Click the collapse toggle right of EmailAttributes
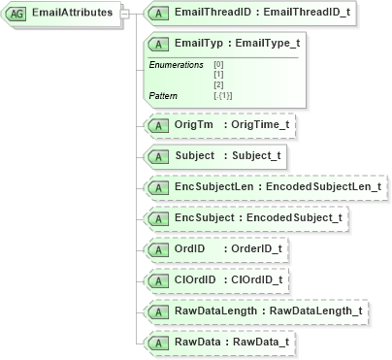[x=124, y=15]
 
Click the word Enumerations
[x=176, y=64]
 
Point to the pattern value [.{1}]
[x=223, y=95]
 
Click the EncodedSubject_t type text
[x=293, y=216]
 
